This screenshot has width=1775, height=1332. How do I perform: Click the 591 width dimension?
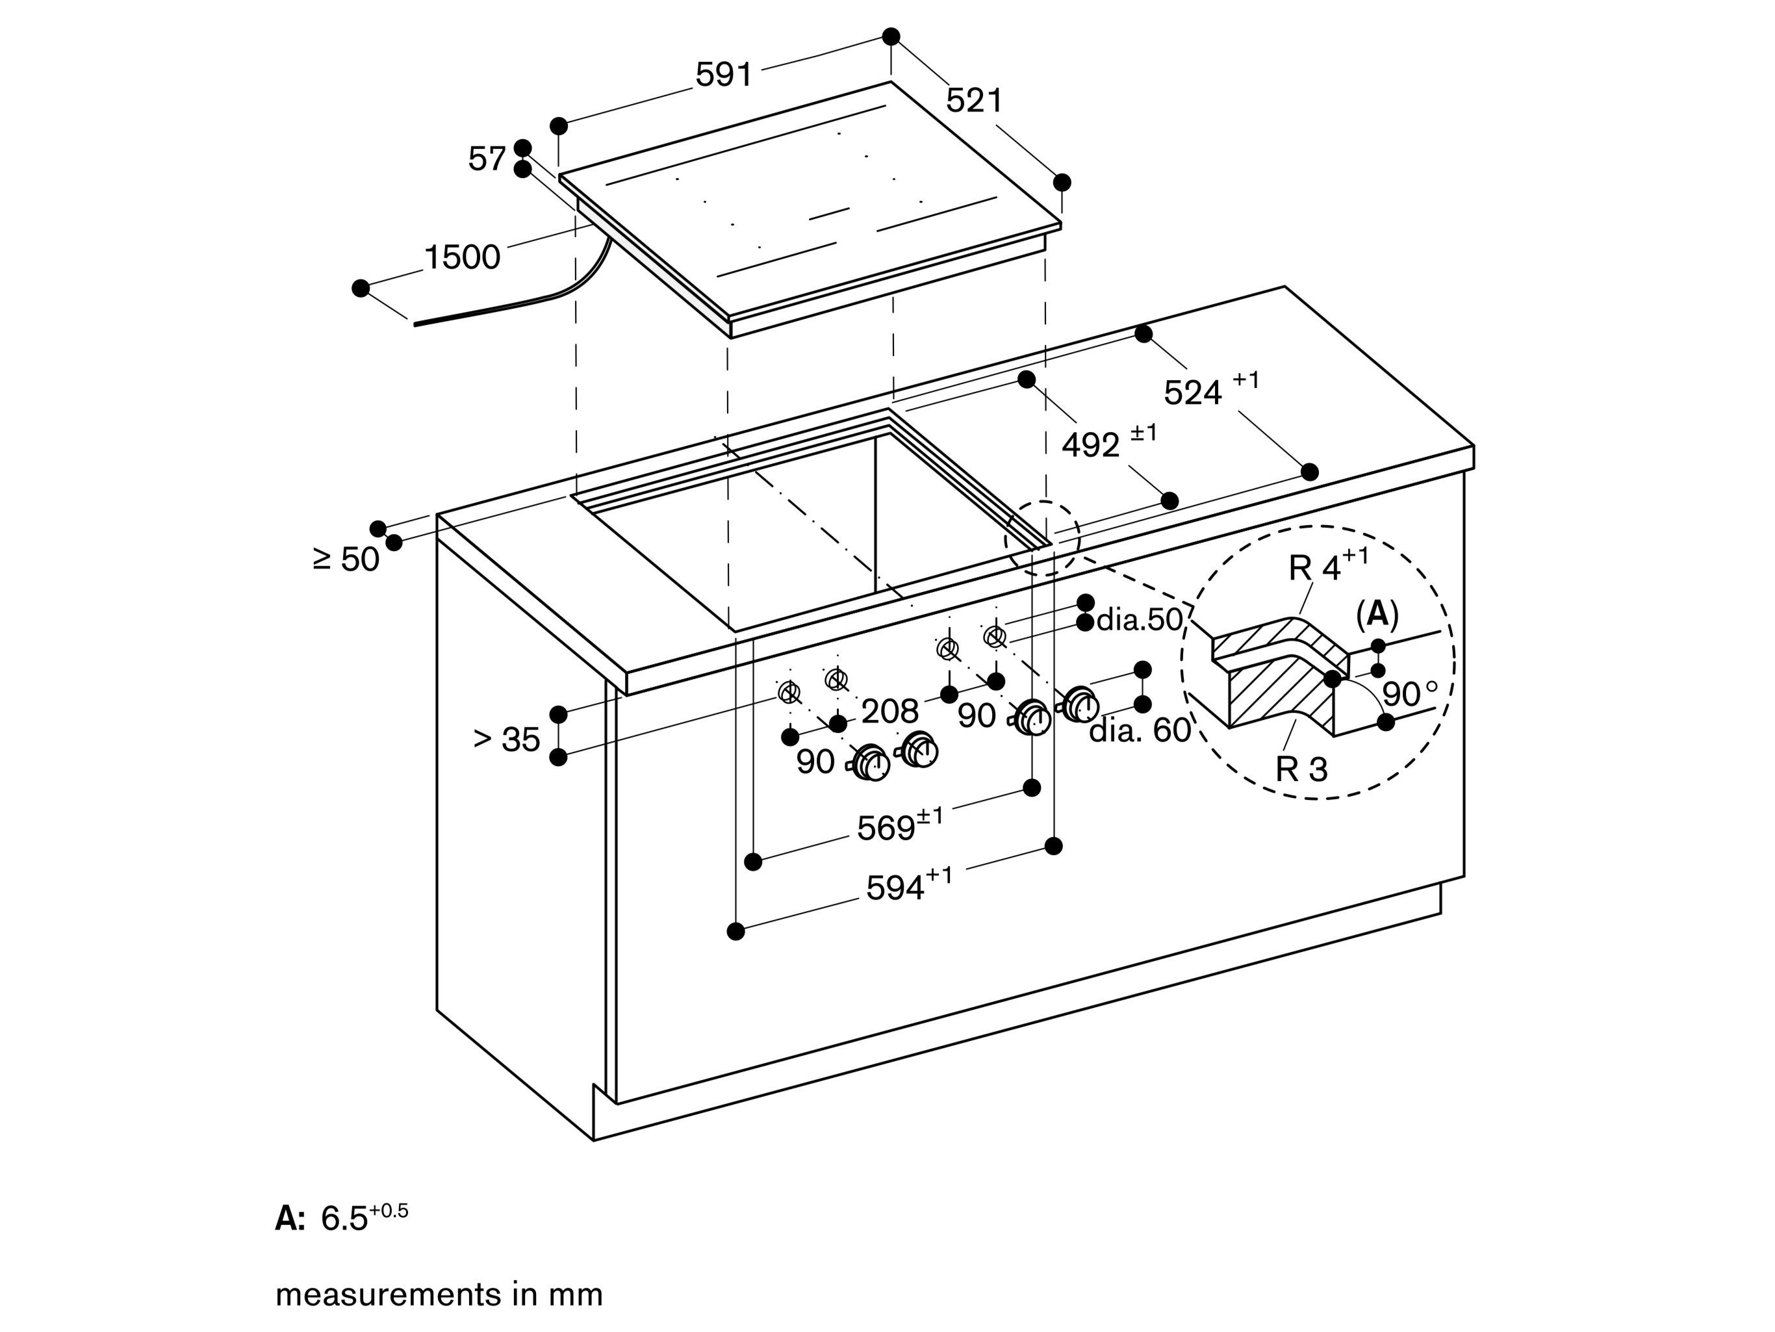pos(724,75)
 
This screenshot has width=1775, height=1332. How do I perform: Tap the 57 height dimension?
pos(486,159)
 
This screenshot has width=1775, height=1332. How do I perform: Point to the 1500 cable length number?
pos(461,257)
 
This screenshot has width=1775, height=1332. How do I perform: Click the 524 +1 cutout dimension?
pos(1210,390)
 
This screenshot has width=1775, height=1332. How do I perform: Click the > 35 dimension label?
pos(506,739)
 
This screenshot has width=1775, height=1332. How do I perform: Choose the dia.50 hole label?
pos(1139,619)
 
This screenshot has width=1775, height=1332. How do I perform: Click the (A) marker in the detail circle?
pos(1377,614)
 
